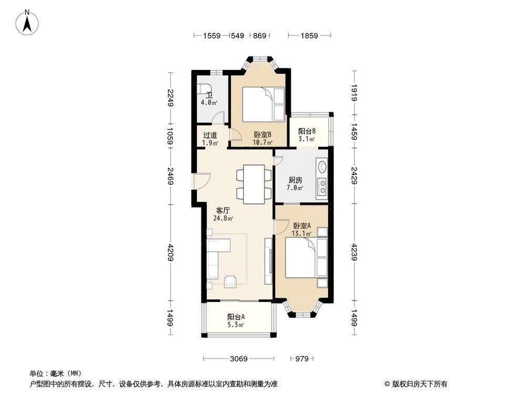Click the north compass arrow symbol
click(29, 22)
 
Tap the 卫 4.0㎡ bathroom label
click(209, 99)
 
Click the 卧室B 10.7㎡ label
click(262, 138)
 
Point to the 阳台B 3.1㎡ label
click(307, 135)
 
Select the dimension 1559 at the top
click(212, 36)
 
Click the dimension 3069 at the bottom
click(239, 359)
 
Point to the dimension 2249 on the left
click(170, 98)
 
